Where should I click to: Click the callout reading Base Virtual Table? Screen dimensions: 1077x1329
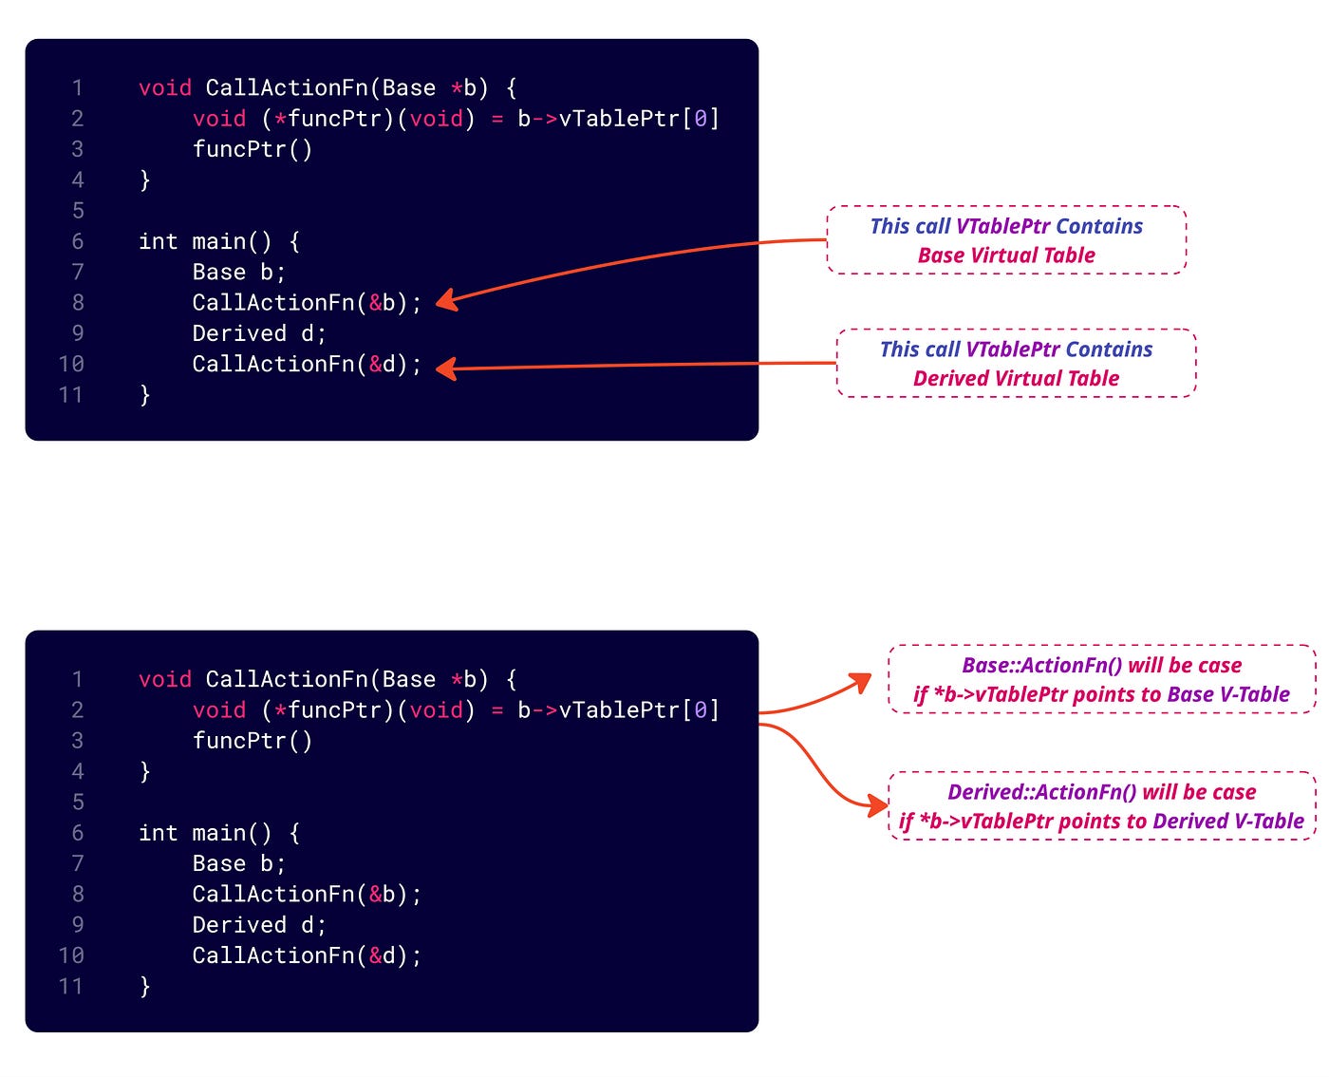tap(1006, 240)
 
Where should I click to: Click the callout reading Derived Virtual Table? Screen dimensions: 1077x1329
tap(1016, 364)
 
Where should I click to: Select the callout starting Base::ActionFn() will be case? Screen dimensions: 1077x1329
tap(1101, 679)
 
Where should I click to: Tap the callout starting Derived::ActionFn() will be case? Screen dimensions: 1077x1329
tap(1101, 806)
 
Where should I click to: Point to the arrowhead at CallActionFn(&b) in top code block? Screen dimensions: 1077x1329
tap(445, 301)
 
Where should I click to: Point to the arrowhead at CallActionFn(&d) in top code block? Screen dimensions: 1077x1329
tap(445, 368)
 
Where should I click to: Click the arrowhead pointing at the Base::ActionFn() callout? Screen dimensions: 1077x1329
tap(861, 681)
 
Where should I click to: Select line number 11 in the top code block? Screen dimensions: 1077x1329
tap(71, 395)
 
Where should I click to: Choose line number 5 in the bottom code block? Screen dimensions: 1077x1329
tap(78, 803)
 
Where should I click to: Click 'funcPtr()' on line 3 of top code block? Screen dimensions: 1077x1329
tap(252, 149)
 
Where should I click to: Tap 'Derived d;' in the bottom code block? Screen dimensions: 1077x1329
tap(258, 925)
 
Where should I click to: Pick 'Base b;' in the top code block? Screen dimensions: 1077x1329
tap(238, 273)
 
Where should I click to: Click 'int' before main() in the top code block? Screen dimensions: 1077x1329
tap(158, 241)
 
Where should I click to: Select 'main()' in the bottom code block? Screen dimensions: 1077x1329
tap(232, 833)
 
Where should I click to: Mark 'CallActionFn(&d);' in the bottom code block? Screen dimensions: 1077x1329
tap(306, 955)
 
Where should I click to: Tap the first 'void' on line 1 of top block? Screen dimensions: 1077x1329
tap(165, 88)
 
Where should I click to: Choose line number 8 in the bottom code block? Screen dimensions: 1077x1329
tap(78, 895)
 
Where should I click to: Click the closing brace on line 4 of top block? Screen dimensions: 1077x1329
tap(144, 179)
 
